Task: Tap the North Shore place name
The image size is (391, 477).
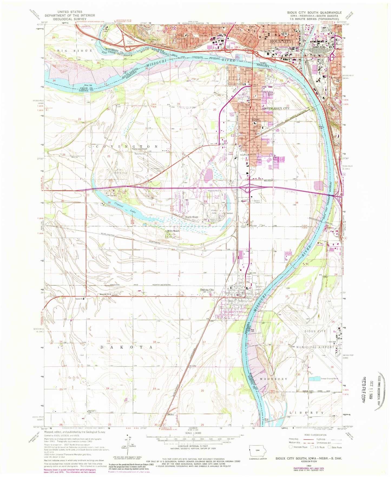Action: tap(192, 217)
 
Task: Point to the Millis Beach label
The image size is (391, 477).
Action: tap(173, 231)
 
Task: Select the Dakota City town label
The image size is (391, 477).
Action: tap(207, 290)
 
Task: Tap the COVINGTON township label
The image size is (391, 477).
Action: tap(127, 147)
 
